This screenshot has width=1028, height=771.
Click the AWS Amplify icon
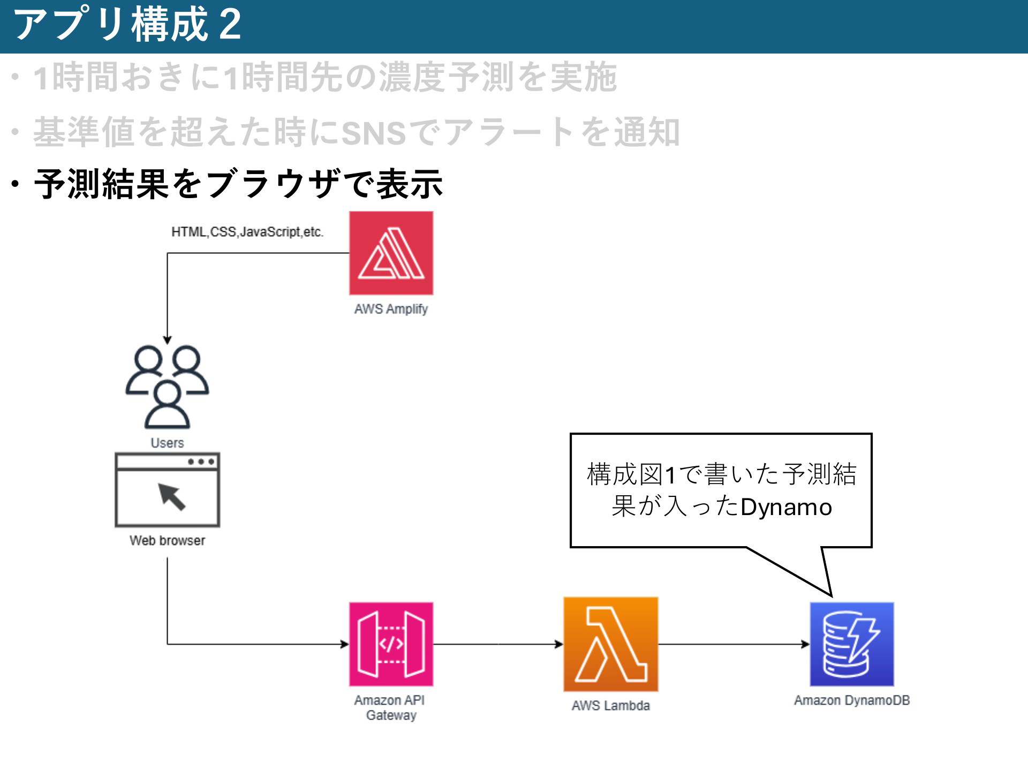(x=391, y=253)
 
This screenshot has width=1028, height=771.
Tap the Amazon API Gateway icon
(x=391, y=644)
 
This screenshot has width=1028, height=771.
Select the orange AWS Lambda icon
(x=610, y=644)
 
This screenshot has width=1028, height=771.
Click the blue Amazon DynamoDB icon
(x=851, y=644)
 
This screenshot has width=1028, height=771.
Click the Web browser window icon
(x=167, y=490)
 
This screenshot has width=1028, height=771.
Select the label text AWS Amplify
(x=391, y=309)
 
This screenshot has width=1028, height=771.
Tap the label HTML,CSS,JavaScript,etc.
(x=247, y=232)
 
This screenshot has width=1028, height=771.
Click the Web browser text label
(x=167, y=540)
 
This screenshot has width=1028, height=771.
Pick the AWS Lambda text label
(x=610, y=706)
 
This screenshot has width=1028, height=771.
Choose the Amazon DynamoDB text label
(x=851, y=700)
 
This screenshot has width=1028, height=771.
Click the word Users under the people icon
(x=167, y=443)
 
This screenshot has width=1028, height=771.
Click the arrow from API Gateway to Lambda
(x=498, y=644)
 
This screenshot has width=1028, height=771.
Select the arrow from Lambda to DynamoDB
(x=734, y=644)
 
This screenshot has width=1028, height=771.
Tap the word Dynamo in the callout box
(x=786, y=507)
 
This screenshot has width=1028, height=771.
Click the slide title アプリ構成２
(x=127, y=25)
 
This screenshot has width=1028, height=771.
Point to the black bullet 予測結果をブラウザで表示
(x=238, y=184)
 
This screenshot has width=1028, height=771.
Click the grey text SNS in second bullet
(x=373, y=133)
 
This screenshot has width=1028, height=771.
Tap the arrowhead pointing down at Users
(x=167, y=340)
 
